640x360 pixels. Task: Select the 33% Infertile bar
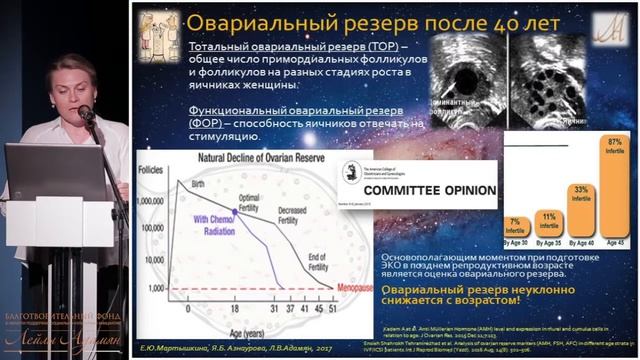coord(580,221)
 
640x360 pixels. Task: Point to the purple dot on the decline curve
coord(235,212)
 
